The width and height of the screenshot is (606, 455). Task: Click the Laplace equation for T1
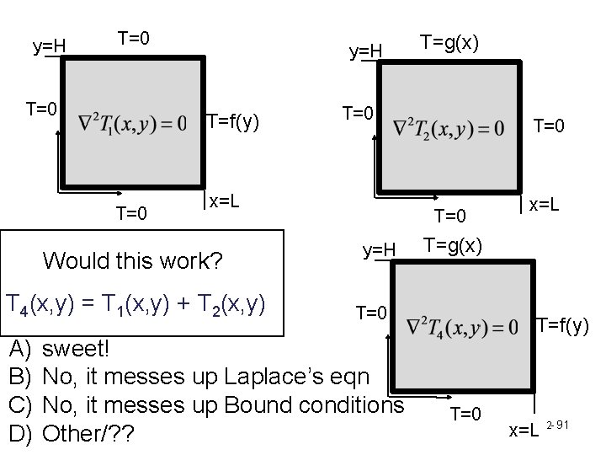[133, 125]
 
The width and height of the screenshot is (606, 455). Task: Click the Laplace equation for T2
[450, 128]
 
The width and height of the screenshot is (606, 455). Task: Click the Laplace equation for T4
[464, 327]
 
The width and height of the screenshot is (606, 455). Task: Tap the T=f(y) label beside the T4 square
[563, 324]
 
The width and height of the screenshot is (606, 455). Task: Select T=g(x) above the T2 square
[450, 42]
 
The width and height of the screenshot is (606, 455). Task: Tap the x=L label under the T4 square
[524, 431]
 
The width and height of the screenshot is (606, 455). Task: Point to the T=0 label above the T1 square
[135, 37]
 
